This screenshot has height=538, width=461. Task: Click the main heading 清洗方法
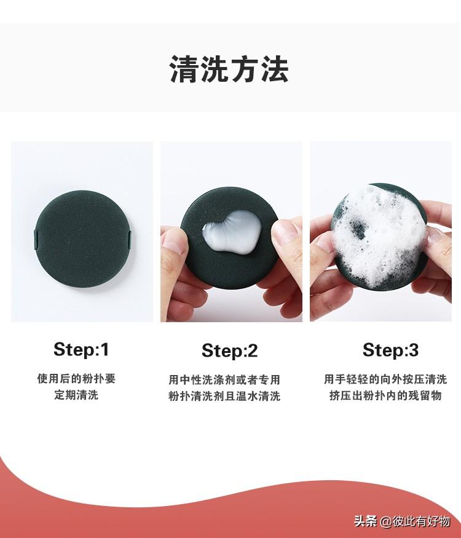point(229,69)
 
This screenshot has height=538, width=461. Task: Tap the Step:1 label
point(81,350)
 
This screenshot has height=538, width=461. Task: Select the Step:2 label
point(229,351)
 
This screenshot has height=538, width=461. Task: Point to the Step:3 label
point(391,350)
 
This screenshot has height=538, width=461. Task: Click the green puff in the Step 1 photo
point(82,239)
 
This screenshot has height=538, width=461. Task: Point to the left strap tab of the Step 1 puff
point(36,239)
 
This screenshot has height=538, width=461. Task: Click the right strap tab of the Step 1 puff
point(130,239)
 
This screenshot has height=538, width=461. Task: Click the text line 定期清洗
point(76,395)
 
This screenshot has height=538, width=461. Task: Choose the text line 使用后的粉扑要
point(76,379)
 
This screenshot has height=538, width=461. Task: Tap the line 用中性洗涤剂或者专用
point(224,380)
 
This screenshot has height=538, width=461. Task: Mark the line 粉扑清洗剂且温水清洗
point(224,397)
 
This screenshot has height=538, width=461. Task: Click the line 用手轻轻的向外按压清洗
point(385,379)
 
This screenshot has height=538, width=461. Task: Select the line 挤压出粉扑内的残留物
point(385,395)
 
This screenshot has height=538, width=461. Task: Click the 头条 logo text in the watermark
point(366,521)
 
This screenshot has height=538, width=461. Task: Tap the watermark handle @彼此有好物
point(414,521)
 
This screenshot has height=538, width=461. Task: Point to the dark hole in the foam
point(357,228)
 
